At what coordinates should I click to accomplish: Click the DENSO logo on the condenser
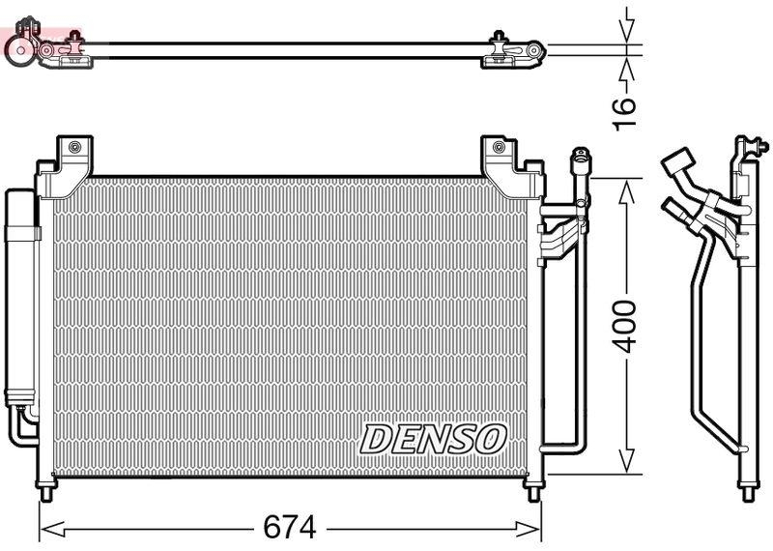point(433,438)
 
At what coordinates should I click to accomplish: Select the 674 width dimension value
point(289,528)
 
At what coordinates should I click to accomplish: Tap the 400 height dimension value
point(626,326)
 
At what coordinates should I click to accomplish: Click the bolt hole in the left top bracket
point(72,148)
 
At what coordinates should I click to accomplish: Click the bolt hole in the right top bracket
point(498,148)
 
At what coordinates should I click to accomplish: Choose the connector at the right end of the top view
point(530,48)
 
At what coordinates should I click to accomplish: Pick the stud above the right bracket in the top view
point(498,38)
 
